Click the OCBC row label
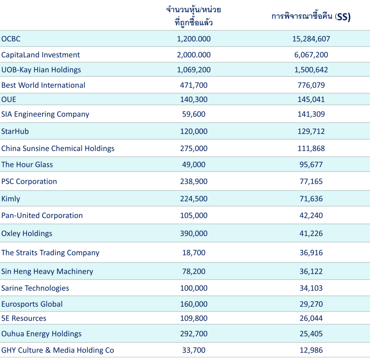coord(11,39)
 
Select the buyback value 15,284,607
coord(311,39)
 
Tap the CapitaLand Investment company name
coord(40,55)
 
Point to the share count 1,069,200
coord(194,70)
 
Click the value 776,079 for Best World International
coord(311,85)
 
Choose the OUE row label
coord(9,99)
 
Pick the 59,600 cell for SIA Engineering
coord(194,114)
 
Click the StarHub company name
coord(15,131)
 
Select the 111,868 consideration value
coord(311,148)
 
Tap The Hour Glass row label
coord(27,164)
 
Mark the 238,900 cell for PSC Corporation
coord(194,181)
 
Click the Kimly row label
coord(10,199)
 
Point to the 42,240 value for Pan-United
coord(311,215)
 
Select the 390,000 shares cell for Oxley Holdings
coord(194,233)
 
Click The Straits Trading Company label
coord(50,253)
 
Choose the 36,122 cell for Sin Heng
coord(311,271)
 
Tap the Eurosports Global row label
coord(32,304)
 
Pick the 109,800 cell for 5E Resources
coord(194,318)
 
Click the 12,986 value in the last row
coord(311,350)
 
